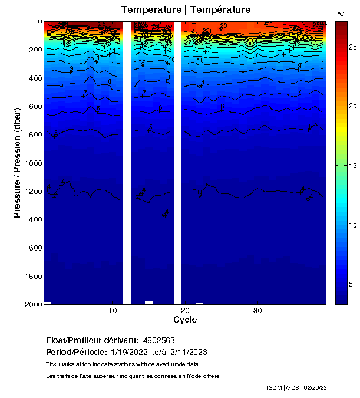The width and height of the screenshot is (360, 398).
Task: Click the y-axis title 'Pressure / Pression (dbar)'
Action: point(17,163)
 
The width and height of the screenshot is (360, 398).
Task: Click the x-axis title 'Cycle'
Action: point(185,320)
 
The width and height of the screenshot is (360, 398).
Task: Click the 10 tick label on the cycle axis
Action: point(113,311)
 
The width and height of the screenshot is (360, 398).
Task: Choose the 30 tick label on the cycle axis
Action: point(257,311)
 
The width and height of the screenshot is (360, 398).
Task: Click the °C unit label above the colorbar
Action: point(341,13)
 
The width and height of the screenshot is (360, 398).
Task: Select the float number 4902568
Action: point(158,341)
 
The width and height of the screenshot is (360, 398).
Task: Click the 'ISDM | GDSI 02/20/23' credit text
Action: point(297,387)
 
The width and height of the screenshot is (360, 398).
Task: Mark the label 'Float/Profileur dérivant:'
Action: point(93,341)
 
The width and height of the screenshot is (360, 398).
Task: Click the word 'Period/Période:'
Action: point(76,352)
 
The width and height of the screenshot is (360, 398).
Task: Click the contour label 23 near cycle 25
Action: point(223,25)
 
